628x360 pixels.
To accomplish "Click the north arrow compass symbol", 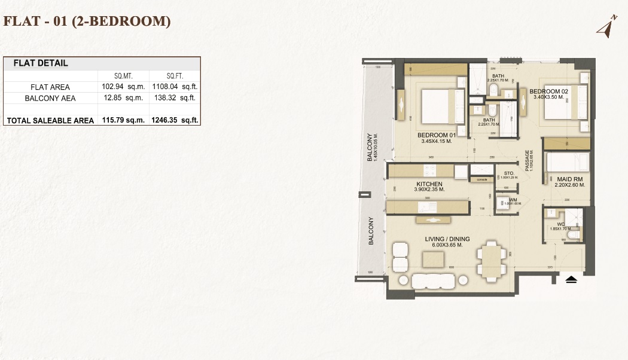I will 608,28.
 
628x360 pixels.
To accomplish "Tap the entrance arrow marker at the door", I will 571,279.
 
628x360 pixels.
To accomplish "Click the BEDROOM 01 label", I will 436,135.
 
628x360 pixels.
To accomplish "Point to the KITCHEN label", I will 429,184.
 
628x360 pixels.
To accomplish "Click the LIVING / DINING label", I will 447,239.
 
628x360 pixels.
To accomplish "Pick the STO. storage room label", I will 509,173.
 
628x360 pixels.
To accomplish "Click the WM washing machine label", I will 513,200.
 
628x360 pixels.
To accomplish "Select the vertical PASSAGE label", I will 528,161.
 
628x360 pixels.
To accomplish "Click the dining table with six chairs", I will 489,261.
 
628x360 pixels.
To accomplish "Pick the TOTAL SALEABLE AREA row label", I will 50,120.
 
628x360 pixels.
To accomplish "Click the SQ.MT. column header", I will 123,76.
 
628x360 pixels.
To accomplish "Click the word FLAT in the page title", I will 20,22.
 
